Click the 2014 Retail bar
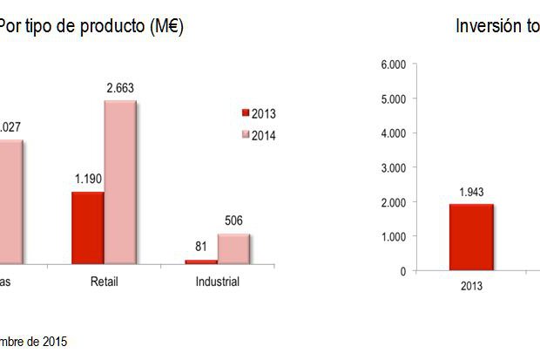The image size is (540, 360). [120, 182]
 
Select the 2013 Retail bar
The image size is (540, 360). [87, 228]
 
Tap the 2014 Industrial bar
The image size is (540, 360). [233, 248]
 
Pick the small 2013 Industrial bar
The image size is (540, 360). [201, 261]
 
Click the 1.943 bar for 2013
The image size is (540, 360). [471, 237]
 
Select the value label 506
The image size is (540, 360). [233, 222]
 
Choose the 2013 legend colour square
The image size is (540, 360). [245, 113]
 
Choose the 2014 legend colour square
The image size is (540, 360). [245, 134]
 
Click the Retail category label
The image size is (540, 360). [104, 282]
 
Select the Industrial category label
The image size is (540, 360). [216, 282]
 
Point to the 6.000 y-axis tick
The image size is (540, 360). [395, 65]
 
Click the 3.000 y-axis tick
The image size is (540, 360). [395, 167]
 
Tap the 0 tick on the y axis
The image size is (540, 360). [402, 271]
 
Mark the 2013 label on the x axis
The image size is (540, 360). [471, 285]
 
